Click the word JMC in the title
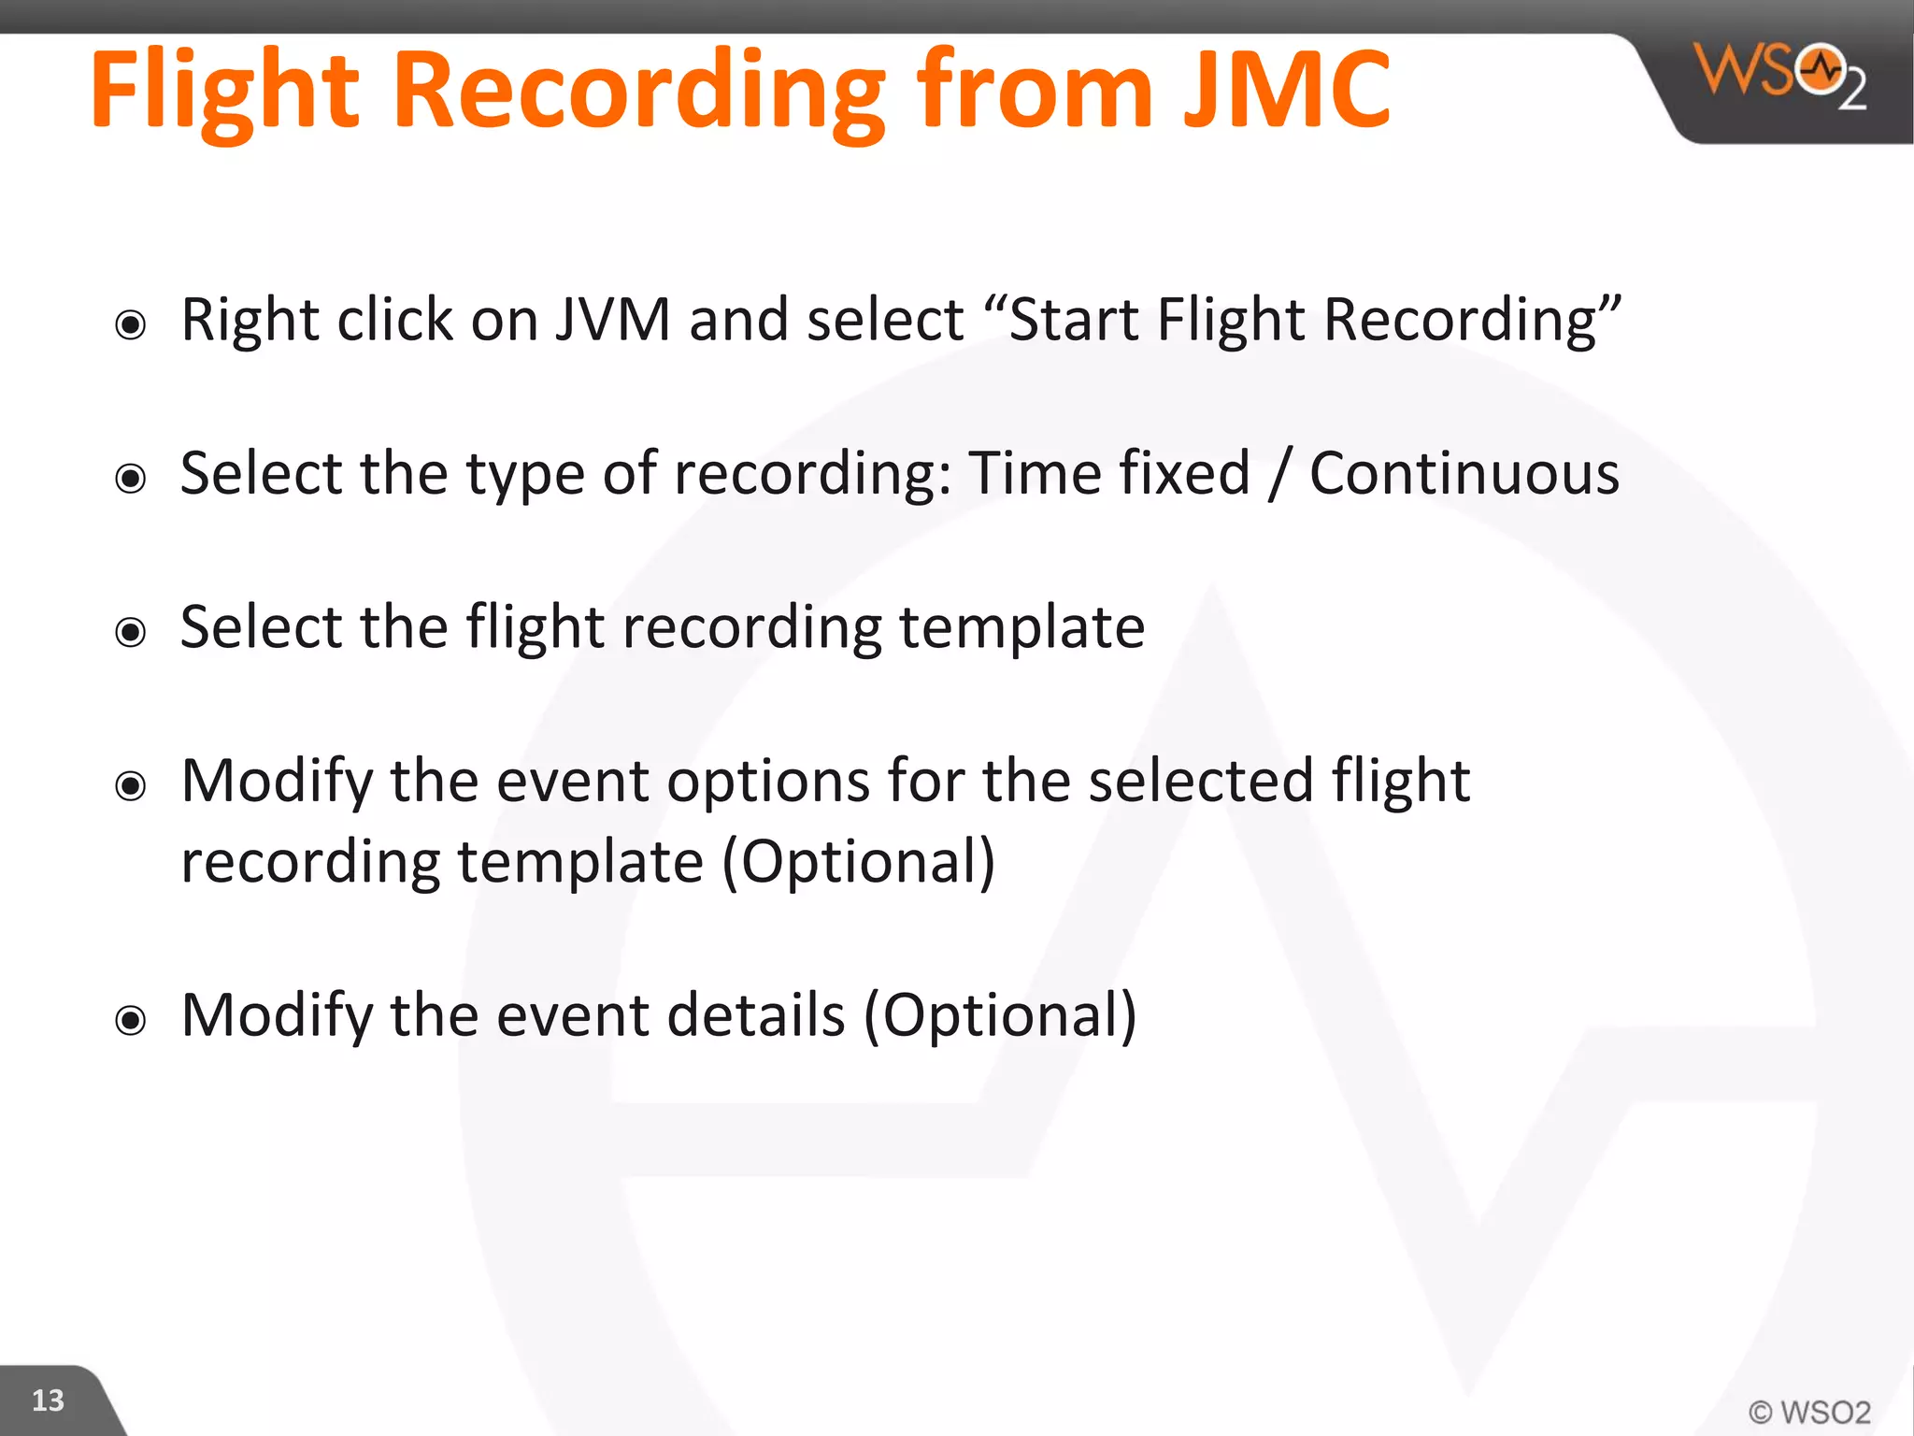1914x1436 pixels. (x=1288, y=90)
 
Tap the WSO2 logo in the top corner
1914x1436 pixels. (x=1780, y=75)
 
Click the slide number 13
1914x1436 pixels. (x=48, y=1400)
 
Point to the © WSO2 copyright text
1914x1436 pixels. (x=1809, y=1412)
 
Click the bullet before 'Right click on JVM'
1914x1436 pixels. (x=131, y=325)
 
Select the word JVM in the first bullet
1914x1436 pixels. (x=613, y=320)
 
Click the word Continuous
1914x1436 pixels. (x=1464, y=473)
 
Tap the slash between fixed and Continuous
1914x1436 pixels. (x=1278, y=473)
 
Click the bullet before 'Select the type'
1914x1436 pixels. (x=131, y=479)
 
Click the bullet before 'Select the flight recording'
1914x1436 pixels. (x=131, y=633)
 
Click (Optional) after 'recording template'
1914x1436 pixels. (x=859, y=861)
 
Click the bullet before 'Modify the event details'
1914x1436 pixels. (x=131, y=1020)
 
